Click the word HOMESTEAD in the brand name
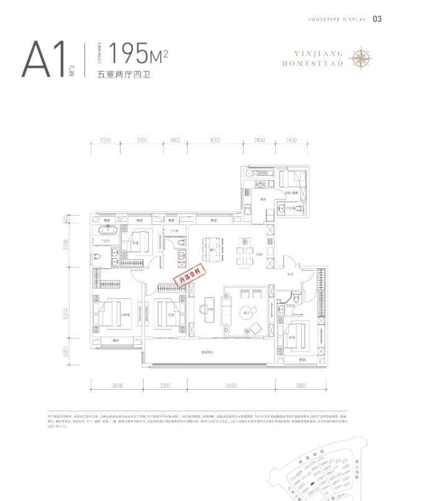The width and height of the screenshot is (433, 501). tap(312, 63)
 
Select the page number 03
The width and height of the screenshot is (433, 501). tap(377, 19)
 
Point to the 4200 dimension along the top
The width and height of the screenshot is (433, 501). tap(215, 141)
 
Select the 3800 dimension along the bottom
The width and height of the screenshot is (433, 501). tap(118, 386)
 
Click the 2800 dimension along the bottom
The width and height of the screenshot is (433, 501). tap(301, 386)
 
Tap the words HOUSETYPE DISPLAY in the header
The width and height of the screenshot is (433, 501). tap(336, 19)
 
